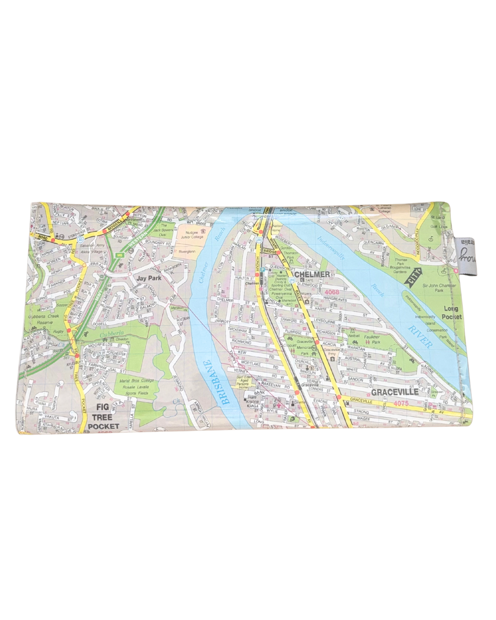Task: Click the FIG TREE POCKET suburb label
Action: pyautogui.click(x=102, y=417)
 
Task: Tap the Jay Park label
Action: pyautogui.click(x=149, y=278)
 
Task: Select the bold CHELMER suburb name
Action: pyautogui.click(x=312, y=274)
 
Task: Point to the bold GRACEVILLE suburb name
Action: pyautogui.click(x=395, y=392)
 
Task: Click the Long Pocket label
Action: pyautogui.click(x=451, y=313)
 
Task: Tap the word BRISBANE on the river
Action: pyautogui.click(x=216, y=383)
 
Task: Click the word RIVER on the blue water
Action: pyautogui.click(x=420, y=336)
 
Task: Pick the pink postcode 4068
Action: pyautogui.click(x=332, y=292)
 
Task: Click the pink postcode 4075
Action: pyautogui.click(x=401, y=403)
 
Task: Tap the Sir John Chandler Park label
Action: pyautogui.click(x=439, y=288)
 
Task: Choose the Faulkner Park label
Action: pyautogui.click(x=372, y=339)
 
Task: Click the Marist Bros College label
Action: pyautogui.click(x=136, y=381)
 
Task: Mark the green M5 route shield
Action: pyautogui.click(x=120, y=255)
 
